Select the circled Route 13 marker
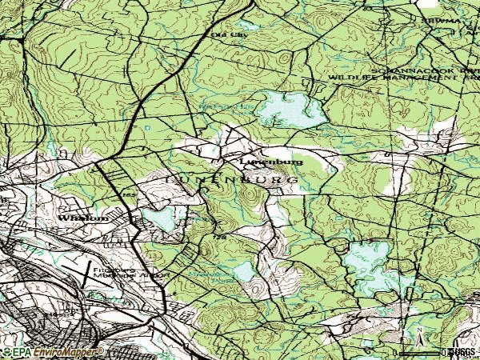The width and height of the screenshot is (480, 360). (x=153, y=254)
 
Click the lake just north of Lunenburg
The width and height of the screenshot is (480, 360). (x=293, y=108)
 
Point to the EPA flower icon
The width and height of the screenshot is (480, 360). (x=7, y=352)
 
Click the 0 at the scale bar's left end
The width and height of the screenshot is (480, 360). (x=397, y=351)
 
